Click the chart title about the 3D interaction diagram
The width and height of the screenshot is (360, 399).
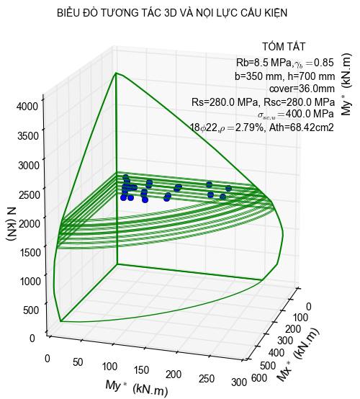click(172, 13)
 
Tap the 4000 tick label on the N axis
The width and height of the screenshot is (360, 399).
click(28, 106)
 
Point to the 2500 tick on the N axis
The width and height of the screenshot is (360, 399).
click(30, 194)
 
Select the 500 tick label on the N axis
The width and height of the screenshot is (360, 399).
click(32, 310)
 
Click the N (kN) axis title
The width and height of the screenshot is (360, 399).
click(12, 223)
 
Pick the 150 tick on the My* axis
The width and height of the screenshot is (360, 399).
click(141, 370)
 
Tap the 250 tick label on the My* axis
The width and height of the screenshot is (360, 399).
click(207, 379)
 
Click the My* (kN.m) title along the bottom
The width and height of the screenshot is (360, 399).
click(136, 388)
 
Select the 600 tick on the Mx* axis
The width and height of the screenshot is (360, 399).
click(259, 377)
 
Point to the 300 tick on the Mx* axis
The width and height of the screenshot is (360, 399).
click(285, 341)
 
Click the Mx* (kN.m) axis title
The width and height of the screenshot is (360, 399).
click(298, 355)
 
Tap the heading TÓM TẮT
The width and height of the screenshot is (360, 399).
click(284, 46)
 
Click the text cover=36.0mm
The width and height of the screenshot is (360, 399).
click(302, 89)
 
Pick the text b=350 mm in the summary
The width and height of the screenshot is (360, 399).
click(257, 76)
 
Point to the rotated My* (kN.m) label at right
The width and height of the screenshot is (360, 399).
click(346, 84)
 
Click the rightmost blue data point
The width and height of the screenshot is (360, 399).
click(228, 188)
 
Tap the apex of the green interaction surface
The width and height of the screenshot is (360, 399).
click(116, 73)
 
